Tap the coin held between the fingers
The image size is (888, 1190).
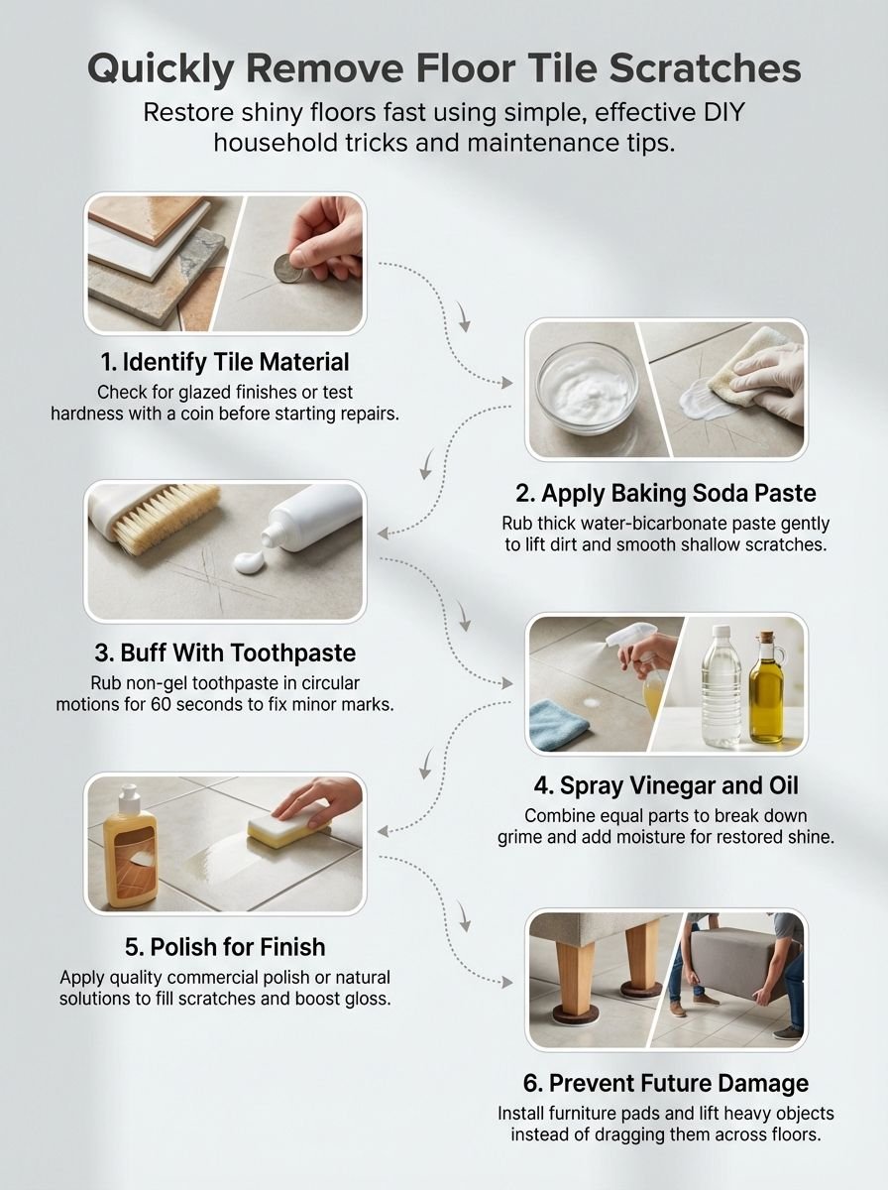[x=288, y=268]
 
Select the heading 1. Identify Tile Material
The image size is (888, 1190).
[x=225, y=361]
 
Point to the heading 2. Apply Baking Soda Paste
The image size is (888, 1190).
[x=666, y=494]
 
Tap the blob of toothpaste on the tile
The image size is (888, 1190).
[x=248, y=562]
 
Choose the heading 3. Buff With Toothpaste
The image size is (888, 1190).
[x=224, y=654]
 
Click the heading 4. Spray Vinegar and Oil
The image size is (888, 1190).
[x=666, y=787]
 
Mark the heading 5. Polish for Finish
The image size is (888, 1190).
[x=225, y=946]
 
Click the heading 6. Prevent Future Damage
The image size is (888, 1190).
[x=666, y=1083]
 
